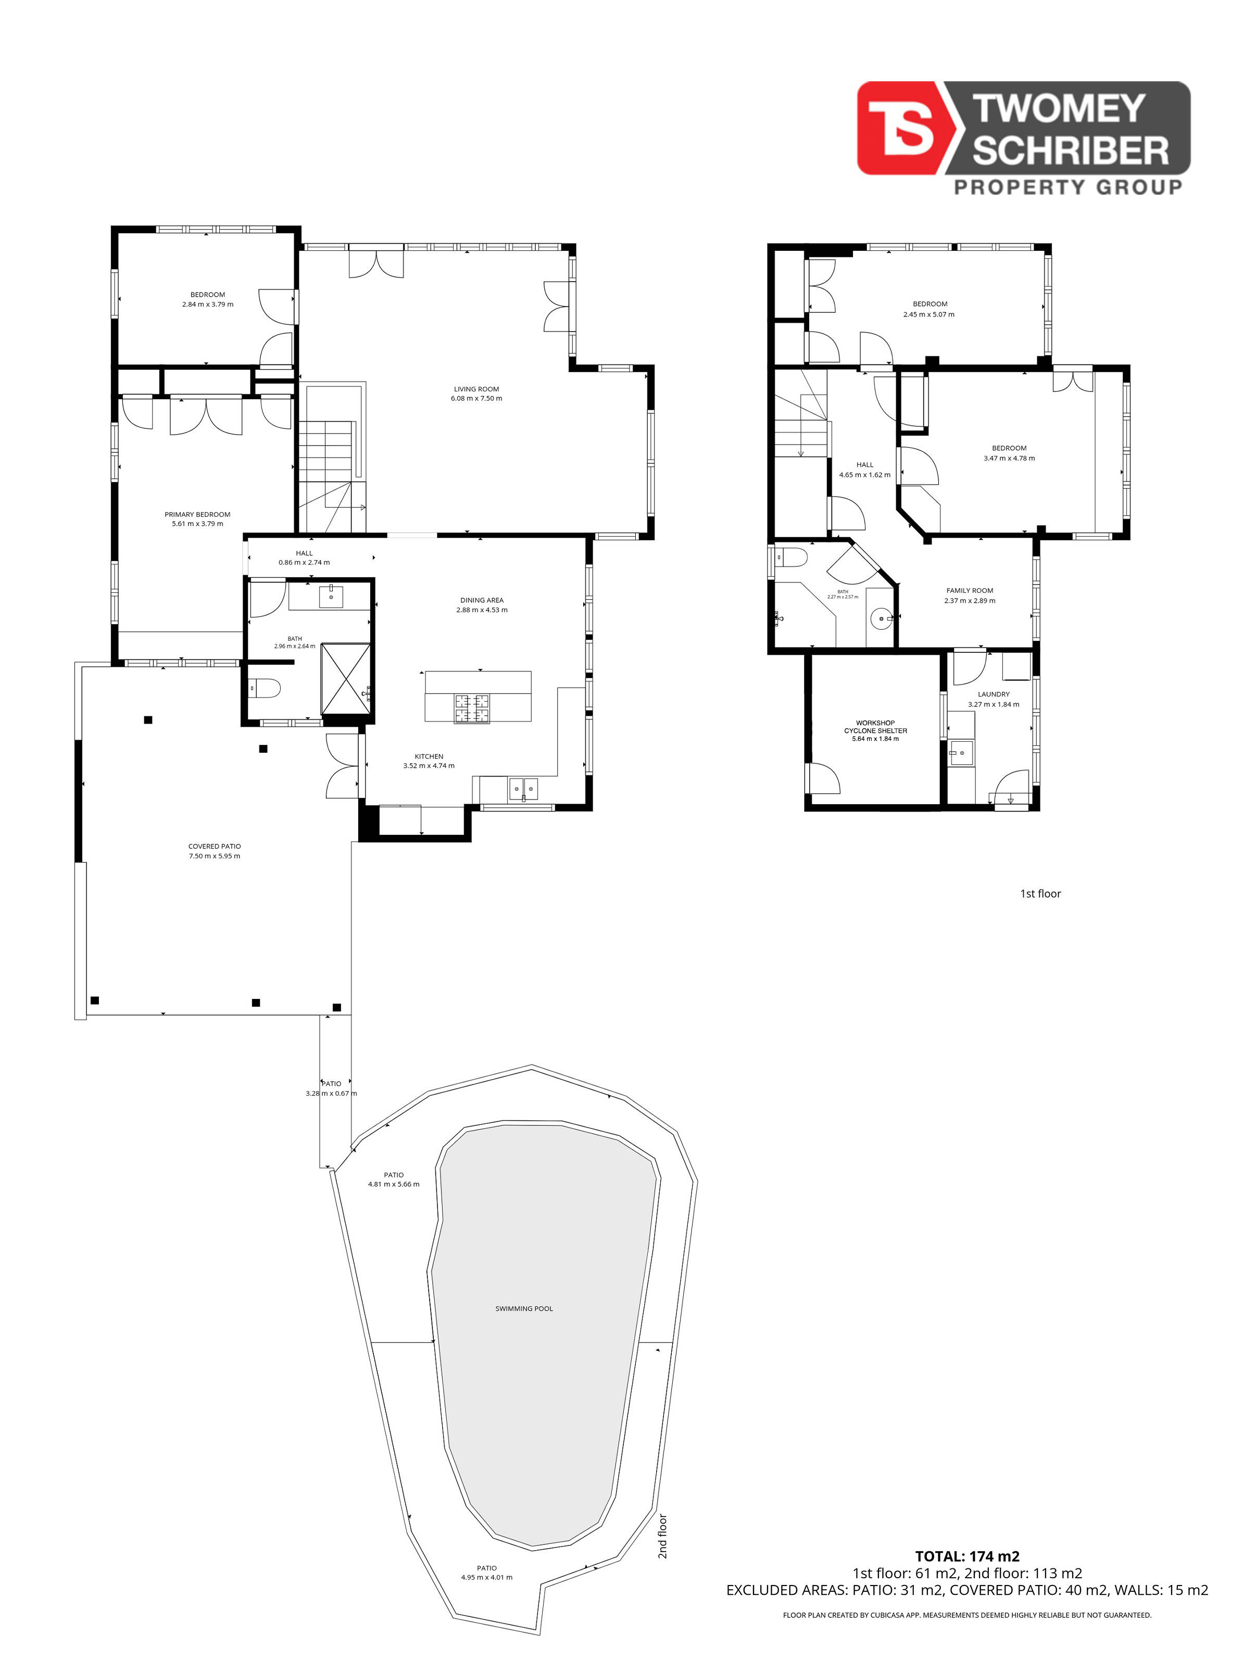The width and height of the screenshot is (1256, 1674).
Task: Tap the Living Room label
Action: click(476, 389)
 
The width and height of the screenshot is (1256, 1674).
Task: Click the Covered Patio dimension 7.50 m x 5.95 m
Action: click(214, 856)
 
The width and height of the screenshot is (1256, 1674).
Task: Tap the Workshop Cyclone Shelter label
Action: click(875, 727)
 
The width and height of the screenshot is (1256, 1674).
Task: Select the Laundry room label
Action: click(994, 694)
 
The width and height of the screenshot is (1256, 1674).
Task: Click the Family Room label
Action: click(970, 590)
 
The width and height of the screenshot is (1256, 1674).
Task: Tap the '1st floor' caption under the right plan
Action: click(1040, 894)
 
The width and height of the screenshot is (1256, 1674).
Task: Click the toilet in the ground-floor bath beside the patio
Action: click(263, 688)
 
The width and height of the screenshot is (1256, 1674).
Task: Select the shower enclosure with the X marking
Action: click(346, 679)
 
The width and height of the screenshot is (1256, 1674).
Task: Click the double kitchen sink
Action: click(522, 789)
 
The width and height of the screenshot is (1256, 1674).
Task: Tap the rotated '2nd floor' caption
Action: click(662, 1536)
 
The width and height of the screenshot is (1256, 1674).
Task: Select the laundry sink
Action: click(961, 754)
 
